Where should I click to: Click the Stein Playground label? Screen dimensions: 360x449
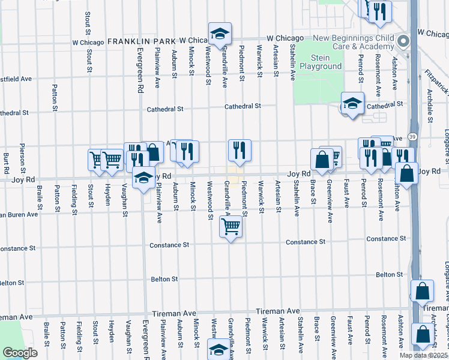click(x=320, y=62)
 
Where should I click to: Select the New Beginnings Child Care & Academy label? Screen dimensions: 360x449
click(x=354, y=42)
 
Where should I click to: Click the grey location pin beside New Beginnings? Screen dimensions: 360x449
click(x=403, y=42)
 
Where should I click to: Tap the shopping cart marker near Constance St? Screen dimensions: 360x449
click(x=231, y=227)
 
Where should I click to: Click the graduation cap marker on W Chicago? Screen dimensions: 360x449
click(x=220, y=34)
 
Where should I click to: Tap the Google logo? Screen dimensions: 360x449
click(x=20, y=352)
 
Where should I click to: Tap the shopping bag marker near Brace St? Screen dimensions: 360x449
click(x=322, y=160)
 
